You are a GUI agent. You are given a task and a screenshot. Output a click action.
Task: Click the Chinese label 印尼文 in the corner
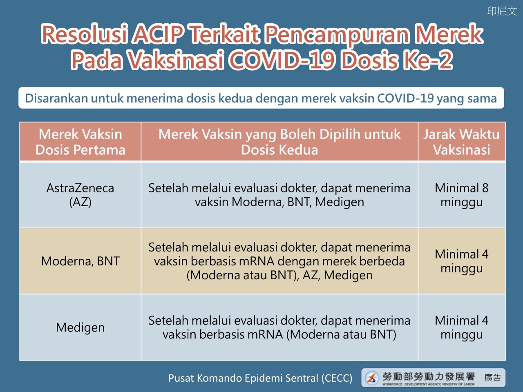(502, 11)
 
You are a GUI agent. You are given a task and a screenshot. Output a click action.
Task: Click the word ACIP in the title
(159, 34)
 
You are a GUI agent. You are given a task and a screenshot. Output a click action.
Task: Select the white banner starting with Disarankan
(261, 98)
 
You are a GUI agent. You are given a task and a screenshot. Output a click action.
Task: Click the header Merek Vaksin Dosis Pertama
(80, 142)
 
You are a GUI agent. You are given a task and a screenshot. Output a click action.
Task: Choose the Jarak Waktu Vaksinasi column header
(462, 142)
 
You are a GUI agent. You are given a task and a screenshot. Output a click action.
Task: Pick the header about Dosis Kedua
(279, 142)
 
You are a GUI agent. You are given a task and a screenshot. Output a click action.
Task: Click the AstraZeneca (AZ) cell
(80, 195)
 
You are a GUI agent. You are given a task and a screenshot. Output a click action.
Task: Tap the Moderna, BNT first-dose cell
(80, 261)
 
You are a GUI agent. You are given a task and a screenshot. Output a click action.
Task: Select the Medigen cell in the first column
(80, 327)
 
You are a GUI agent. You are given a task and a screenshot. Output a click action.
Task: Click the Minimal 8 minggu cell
(462, 195)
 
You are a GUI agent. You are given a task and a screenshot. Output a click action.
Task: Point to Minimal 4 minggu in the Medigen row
(462, 327)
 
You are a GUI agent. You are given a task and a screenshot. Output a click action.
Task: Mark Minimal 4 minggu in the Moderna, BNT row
(462, 261)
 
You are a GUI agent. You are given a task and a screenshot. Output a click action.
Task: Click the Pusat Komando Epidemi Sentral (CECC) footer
(260, 378)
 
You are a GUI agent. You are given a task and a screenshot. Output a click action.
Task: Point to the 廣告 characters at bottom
(493, 378)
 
